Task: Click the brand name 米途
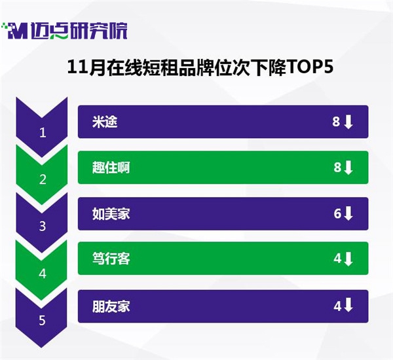click(x=105, y=122)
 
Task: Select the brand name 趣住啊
click(x=111, y=168)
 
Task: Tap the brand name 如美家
click(x=111, y=214)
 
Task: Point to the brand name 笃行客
click(x=111, y=259)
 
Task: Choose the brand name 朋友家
click(x=111, y=306)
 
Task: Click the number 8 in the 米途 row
click(x=336, y=122)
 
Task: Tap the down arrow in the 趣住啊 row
click(x=348, y=168)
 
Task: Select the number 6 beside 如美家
click(x=337, y=214)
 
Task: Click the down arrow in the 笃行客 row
click(x=348, y=259)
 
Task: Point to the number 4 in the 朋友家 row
click(x=337, y=306)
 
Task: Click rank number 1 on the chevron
click(x=43, y=132)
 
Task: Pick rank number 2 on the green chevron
click(x=43, y=179)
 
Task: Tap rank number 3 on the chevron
click(x=43, y=226)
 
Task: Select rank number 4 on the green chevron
click(x=43, y=274)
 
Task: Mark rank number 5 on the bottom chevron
click(x=42, y=321)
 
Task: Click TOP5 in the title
click(x=310, y=67)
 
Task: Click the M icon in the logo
click(x=16, y=31)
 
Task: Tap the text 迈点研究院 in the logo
click(x=79, y=31)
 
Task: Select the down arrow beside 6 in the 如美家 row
click(x=348, y=213)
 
